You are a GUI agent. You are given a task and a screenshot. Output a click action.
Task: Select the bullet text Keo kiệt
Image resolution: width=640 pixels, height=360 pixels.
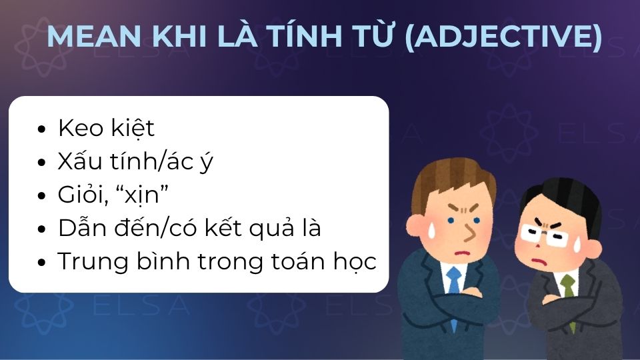[106, 128]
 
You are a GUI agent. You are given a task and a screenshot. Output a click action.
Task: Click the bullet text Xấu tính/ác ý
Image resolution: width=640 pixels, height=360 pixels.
[135, 161]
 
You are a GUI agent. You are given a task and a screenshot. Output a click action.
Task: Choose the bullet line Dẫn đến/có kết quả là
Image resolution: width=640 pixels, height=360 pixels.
[189, 228]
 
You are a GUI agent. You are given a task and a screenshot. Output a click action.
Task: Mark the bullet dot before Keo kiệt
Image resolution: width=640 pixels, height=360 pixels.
[43, 129]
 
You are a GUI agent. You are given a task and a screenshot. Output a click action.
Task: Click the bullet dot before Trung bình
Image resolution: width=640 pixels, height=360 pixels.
[43, 263]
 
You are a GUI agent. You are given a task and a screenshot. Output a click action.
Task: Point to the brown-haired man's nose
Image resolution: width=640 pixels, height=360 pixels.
[469, 232]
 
